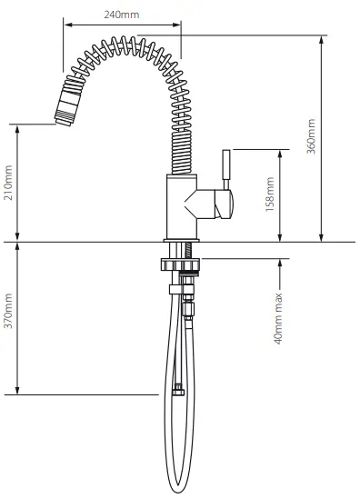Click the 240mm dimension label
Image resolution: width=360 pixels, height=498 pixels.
point(122,15)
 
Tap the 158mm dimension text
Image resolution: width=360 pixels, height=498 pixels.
point(269,194)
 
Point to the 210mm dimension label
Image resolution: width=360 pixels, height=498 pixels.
point(10,184)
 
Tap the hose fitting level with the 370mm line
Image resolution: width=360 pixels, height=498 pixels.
point(177,393)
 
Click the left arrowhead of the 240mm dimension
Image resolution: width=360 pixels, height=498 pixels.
point(65,25)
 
